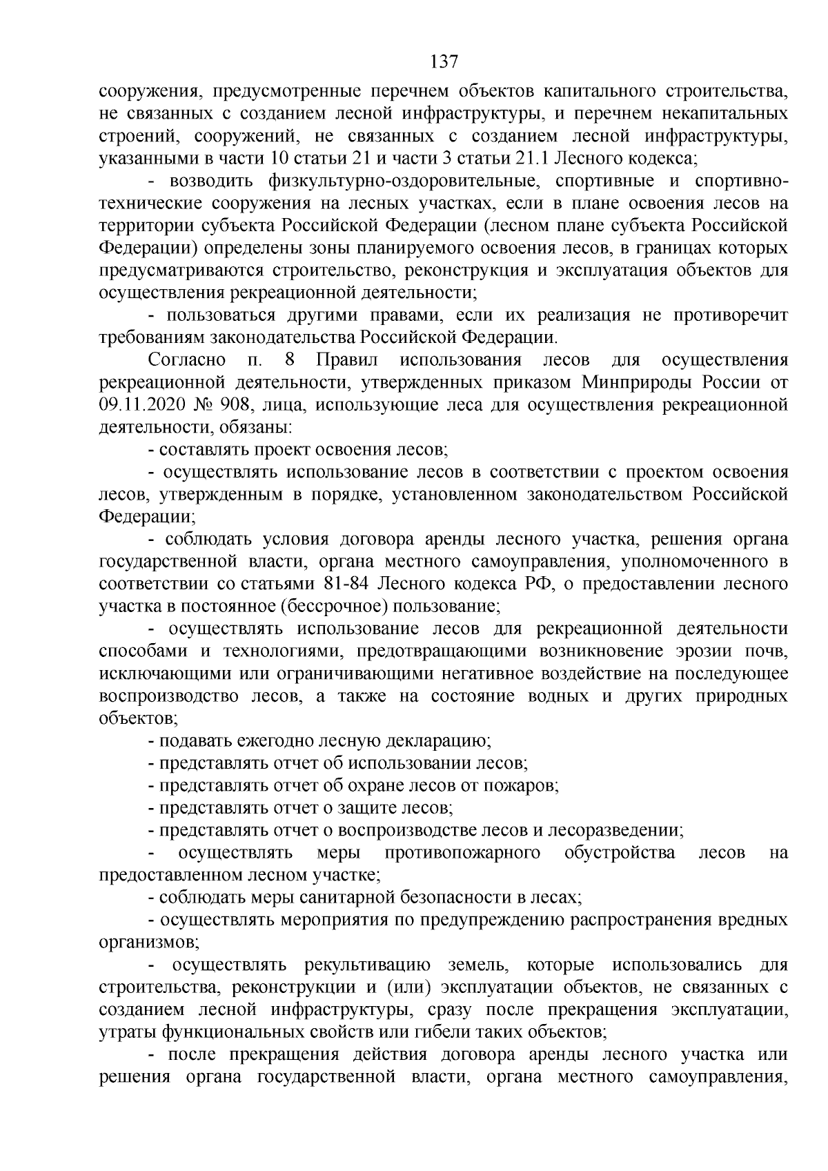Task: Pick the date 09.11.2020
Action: (142, 404)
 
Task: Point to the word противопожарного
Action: (462, 853)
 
